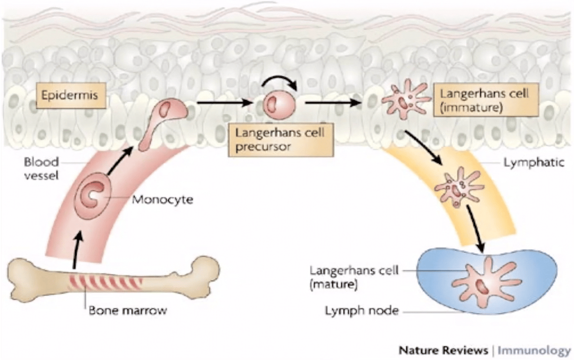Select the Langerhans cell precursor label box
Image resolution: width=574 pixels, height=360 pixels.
point(281,139)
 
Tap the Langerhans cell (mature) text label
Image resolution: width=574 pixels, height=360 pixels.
point(353,277)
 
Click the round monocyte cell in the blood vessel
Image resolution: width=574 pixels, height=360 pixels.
point(94,197)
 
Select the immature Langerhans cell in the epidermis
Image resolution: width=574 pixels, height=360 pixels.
point(404,99)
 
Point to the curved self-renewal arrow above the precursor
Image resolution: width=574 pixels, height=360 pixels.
point(280,82)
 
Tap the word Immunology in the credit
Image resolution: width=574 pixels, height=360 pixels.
point(534,350)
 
